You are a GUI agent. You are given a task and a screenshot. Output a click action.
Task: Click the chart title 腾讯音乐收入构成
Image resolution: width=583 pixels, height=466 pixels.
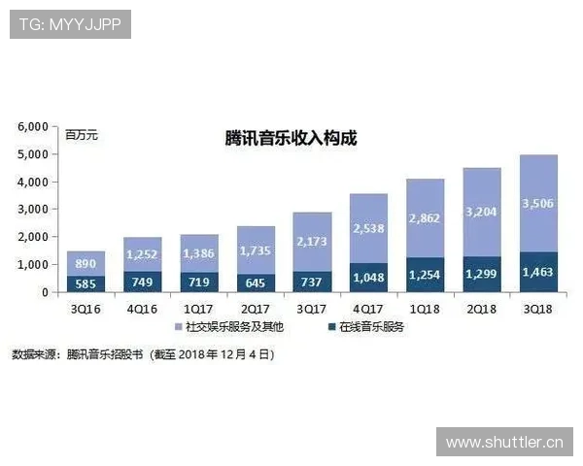(x=291, y=138)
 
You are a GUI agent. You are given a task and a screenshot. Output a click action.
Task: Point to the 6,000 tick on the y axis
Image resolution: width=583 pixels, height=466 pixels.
(x=34, y=126)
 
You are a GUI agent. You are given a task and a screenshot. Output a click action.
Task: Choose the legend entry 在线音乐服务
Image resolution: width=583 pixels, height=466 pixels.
(x=370, y=326)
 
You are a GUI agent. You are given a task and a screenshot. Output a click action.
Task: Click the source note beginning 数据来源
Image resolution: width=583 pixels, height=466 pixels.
(x=143, y=354)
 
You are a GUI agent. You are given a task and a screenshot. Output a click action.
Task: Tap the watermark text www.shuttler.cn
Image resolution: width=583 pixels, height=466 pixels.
(x=504, y=444)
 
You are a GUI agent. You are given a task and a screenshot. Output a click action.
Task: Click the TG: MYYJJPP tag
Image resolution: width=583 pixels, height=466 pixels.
(x=69, y=22)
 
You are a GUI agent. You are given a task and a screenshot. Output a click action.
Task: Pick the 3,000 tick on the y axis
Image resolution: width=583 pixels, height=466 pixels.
(x=34, y=209)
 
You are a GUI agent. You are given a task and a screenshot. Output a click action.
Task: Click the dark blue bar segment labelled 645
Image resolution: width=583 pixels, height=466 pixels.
(x=255, y=282)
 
